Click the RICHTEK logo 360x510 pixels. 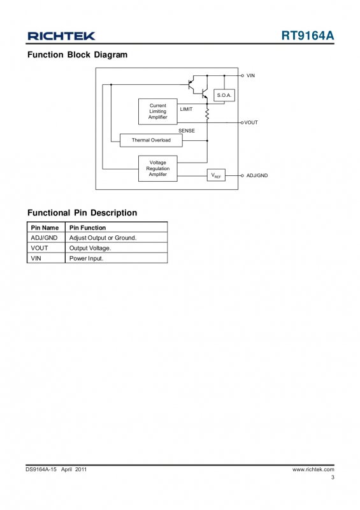(61, 36)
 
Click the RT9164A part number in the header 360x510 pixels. (308, 36)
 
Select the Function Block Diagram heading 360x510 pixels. (77, 55)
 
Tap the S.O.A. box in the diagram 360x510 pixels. (224, 95)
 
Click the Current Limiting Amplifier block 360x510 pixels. (158, 112)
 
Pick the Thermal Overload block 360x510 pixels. (151, 140)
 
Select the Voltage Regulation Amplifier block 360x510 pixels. (158, 168)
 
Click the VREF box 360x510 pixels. (216, 175)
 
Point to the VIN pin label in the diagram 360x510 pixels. (251, 75)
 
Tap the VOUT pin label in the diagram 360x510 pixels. (251, 122)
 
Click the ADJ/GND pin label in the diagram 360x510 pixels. (257, 176)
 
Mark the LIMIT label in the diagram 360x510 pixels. (186, 109)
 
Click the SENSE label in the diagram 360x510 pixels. (187, 131)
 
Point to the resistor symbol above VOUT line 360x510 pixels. (207, 115)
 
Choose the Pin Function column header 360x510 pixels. (87, 228)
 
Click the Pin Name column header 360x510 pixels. (45, 228)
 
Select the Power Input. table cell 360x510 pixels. (86, 258)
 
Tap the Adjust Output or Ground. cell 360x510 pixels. (103, 238)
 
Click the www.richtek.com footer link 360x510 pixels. (313, 469)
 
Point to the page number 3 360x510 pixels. (333, 477)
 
